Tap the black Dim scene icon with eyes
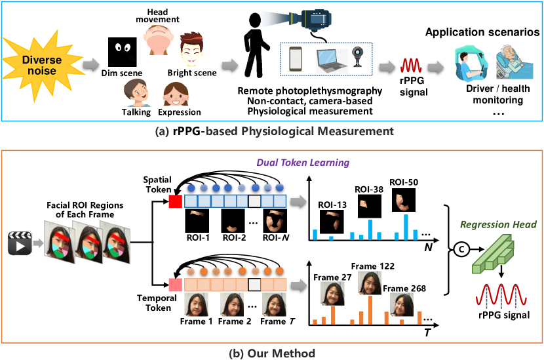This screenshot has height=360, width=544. point(123,50)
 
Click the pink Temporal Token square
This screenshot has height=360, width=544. point(174,285)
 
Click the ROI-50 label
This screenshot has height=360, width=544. point(404,182)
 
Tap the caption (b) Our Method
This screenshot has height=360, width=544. point(271,353)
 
